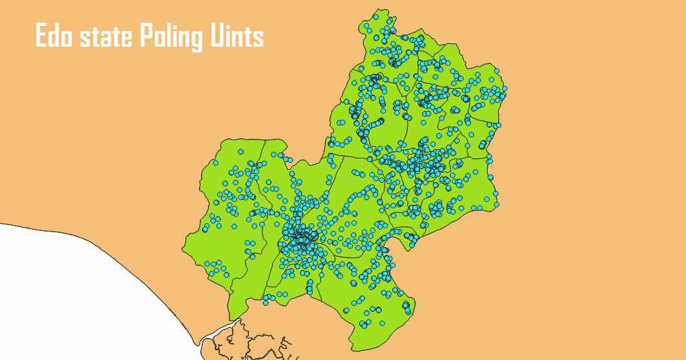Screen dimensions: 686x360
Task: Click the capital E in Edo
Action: tap(41, 36)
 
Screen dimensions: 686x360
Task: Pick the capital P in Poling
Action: tap(146, 36)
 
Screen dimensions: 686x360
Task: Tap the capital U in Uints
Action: tap(217, 37)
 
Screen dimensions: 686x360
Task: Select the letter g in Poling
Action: tap(194, 40)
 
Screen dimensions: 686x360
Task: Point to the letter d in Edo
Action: tap(54, 36)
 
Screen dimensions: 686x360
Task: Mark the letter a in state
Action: tap(104, 39)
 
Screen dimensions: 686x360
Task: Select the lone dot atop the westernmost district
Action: tap(241, 152)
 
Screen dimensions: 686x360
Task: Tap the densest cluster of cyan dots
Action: tap(300, 239)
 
